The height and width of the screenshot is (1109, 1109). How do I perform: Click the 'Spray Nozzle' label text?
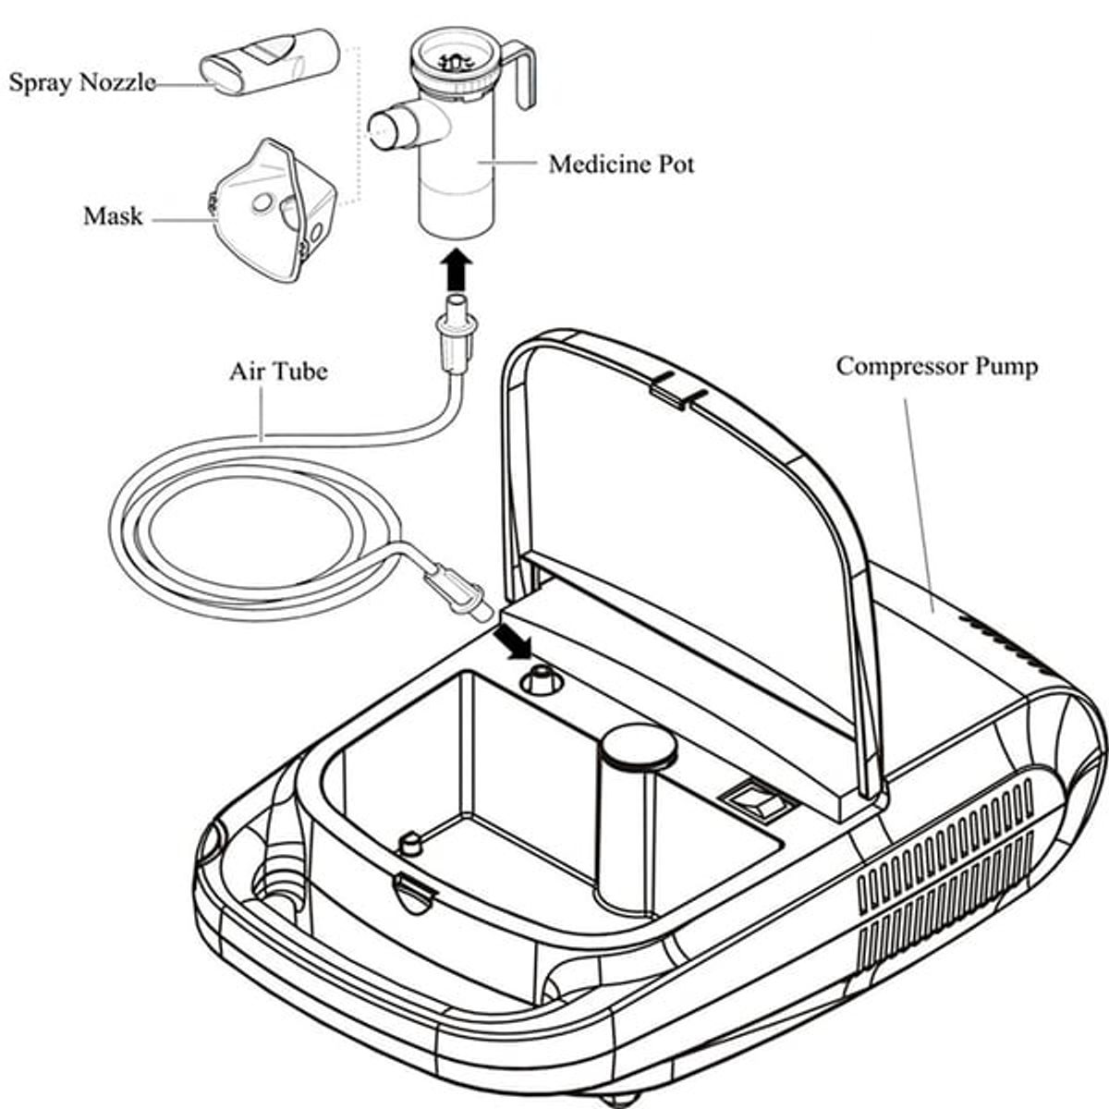[x=82, y=82]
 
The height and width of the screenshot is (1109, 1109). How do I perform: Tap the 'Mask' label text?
[x=113, y=216]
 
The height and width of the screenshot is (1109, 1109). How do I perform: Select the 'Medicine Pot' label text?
[x=620, y=165]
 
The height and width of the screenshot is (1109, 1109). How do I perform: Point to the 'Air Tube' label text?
[x=278, y=372]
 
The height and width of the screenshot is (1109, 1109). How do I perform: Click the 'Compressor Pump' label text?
[x=936, y=366]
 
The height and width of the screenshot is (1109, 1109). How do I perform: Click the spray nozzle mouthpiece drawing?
[x=269, y=61]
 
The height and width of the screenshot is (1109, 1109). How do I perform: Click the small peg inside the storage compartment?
[x=408, y=842]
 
